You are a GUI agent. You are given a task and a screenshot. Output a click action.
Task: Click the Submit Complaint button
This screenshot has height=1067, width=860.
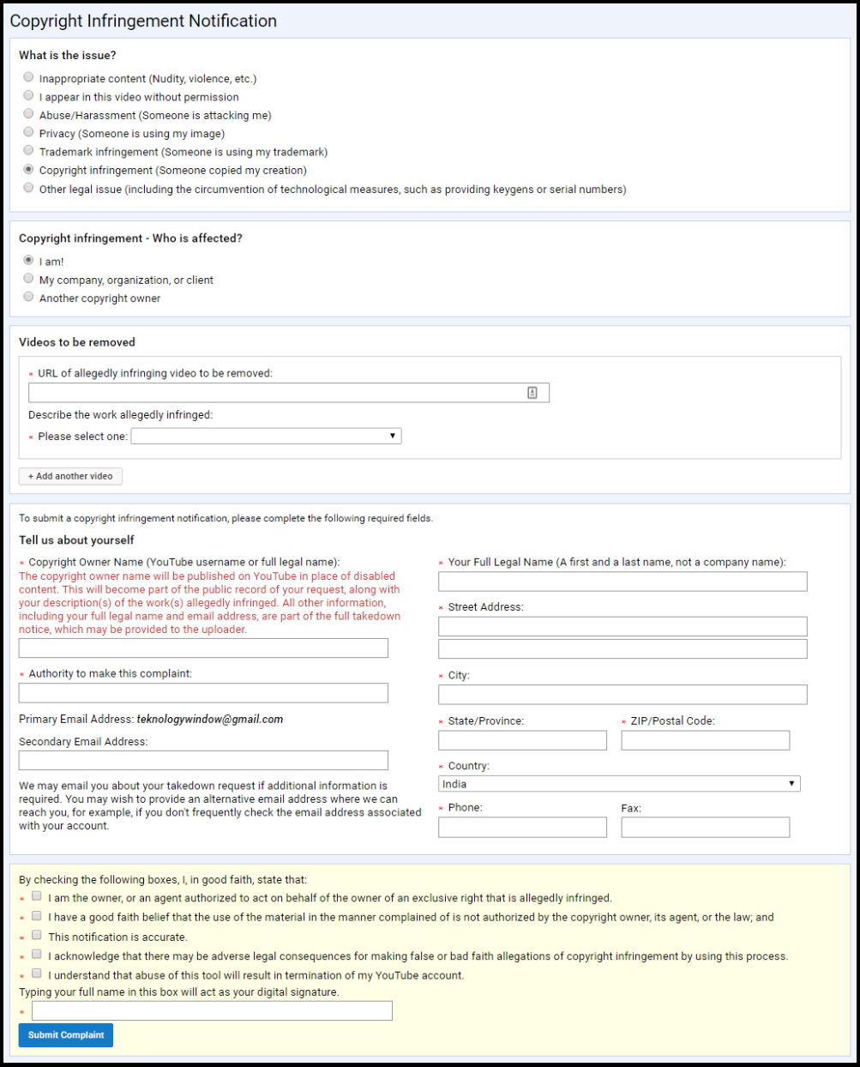click(x=66, y=1035)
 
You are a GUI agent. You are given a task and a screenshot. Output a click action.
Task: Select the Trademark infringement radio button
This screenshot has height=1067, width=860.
click(x=29, y=151)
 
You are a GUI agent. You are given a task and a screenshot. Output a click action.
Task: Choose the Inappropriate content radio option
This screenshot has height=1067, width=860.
click(x=29, y=78)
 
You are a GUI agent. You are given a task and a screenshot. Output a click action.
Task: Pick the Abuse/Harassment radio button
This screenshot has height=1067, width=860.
click(x=29, y=114)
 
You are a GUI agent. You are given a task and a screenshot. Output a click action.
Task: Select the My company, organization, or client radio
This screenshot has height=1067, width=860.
click(x=29, y=279)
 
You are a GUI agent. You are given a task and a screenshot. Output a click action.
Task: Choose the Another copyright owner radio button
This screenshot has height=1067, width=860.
click(x=29, y=297)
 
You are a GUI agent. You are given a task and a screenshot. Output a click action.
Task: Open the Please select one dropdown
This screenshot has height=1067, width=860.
click(x=266, y=437)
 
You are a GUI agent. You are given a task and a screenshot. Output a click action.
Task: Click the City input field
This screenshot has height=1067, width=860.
click(x=622, y=695)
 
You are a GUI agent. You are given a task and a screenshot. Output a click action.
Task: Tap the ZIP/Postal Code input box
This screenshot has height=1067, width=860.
click(x=705, y=740)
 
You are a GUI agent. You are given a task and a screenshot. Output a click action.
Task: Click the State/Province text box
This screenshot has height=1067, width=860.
click(x=522, y=740)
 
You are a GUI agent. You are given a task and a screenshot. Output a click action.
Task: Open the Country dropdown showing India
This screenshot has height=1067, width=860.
click(x=619, y=784)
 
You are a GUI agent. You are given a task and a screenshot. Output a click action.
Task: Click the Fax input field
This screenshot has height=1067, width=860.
click(x=705, y=828)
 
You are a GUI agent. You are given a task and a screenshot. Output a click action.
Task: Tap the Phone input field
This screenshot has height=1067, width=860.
click(x=522, y=828)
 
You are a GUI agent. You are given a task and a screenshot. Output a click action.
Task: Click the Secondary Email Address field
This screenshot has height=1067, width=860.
click(x=203, y=761)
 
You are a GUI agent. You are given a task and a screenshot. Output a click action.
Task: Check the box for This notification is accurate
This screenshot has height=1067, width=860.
click(x=37, y=936)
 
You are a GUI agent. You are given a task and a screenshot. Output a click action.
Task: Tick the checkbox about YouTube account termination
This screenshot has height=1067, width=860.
click(x=37, y=974)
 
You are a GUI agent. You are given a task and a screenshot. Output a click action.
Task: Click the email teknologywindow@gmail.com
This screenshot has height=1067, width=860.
click(x=210, y=720)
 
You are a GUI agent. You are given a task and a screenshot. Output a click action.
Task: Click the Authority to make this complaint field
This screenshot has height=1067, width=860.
click(x=203, y=693)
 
